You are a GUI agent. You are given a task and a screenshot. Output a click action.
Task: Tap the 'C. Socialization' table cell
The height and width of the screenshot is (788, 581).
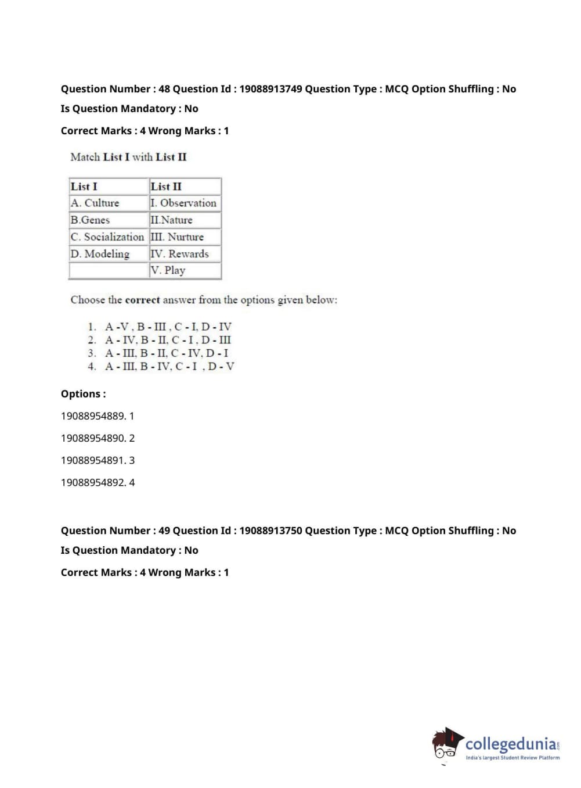pos(107,237)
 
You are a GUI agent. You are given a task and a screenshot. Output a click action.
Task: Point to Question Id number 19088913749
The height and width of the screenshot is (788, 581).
pos(270,89)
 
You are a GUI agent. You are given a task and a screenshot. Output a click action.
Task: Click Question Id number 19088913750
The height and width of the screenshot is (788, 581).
pos(270,531)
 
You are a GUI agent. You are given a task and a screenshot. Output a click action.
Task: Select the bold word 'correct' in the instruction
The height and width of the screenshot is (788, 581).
pos(142,300)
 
